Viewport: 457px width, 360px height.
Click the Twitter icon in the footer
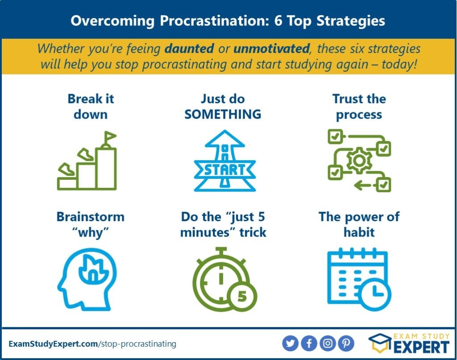[290, 343]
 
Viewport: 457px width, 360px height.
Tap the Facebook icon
[309, 343]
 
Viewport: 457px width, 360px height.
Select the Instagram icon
[328, 343]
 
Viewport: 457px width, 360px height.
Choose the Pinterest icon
[346, 343]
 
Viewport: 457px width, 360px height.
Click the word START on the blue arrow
[224, 170]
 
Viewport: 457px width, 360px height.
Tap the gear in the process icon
[359, 161]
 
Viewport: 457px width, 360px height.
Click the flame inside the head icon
[93, 270]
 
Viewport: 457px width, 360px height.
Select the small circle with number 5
[242, 296]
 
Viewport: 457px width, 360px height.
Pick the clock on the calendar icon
[375, 294]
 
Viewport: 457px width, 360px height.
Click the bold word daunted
[189, 48]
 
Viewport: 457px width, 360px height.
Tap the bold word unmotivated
[271, 48]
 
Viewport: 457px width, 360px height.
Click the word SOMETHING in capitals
[223, 114]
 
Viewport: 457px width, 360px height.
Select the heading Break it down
[91, 107]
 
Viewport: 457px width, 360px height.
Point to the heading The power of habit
[359, 224]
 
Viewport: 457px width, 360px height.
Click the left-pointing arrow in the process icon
[363, 185]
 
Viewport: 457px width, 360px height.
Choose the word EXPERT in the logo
[421, 348]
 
